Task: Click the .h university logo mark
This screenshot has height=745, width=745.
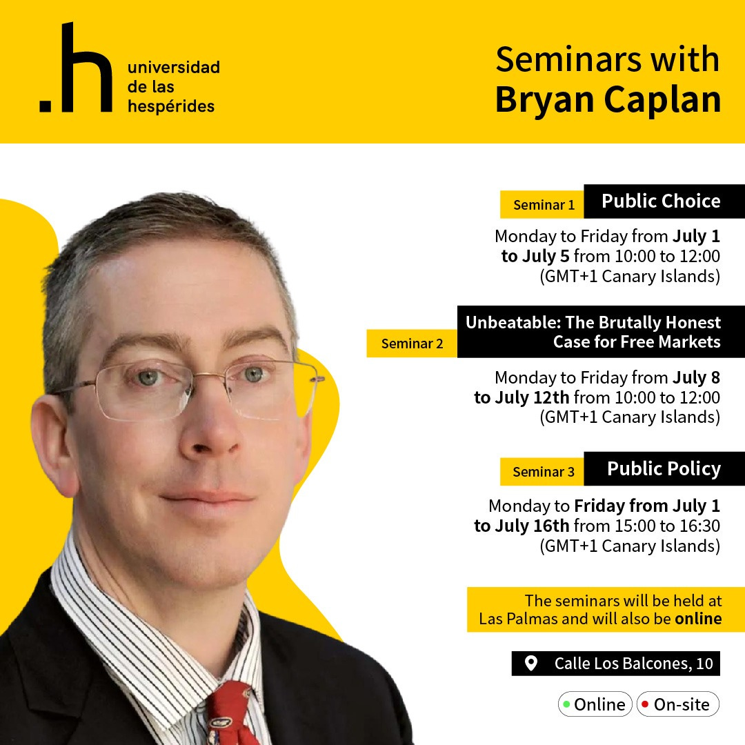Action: tap(76, 68)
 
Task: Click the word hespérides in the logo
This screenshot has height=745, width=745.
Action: tap(170, 106)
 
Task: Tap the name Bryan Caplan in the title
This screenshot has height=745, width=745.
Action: tap(608, 99)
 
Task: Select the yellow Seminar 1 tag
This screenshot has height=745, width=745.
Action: tap(543, 205)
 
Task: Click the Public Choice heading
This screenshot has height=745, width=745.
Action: tap(661, 201)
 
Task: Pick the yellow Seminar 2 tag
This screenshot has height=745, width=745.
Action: tap(412, 344)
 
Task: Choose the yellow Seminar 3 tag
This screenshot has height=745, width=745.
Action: tap(543, 472)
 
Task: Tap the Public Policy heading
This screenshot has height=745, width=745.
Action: tap(664, 469)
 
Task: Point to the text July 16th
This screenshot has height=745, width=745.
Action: tap(535, 526)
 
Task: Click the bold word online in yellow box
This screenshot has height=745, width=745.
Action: tap(698, 618)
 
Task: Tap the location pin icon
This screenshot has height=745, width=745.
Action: tap(530, 664)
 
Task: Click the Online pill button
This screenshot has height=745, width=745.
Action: tap(595, 704)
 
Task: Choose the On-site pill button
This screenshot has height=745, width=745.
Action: tap(677, 704)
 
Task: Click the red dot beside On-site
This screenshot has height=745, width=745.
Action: tap(645, 704)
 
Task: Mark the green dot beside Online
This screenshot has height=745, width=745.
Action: tap(566, 704)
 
